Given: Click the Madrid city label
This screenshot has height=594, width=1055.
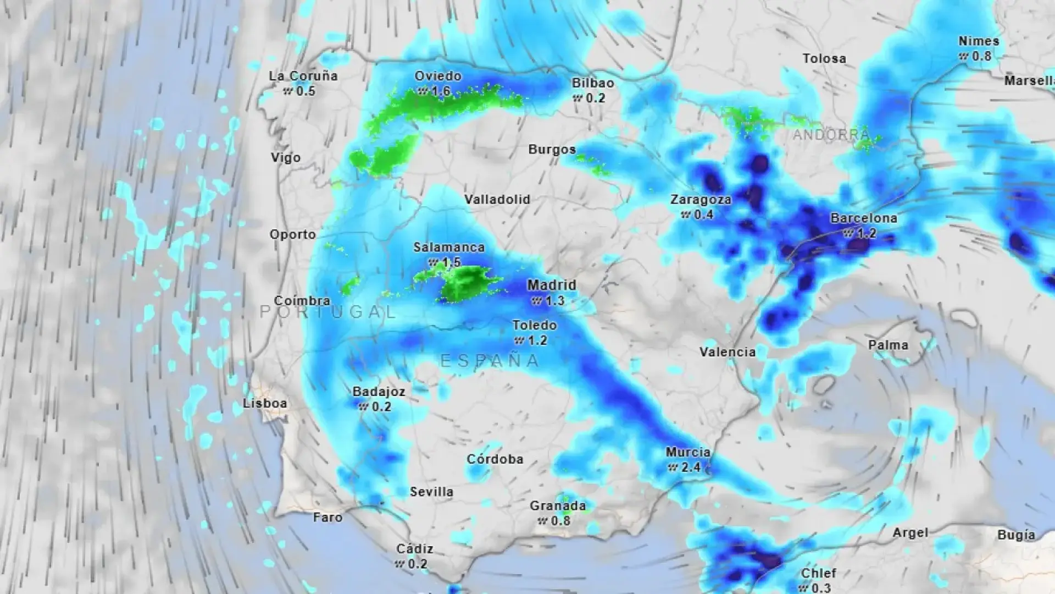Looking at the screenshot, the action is (x=552, y=285).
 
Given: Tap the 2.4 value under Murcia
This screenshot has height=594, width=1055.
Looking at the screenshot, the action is (x=691, y=468).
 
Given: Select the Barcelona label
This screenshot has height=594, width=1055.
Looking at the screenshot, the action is (x=863, y=218).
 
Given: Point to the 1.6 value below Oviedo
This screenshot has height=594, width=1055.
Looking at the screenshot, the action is (x=441, y=91).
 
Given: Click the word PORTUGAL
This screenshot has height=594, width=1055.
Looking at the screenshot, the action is (x=328, y=312).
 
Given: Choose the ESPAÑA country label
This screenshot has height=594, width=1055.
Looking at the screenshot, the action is (x=491, y=361).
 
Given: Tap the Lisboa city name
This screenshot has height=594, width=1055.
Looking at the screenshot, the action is (x=265, y=403).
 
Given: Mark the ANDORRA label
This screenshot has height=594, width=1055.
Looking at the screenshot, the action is (x=831, y=135).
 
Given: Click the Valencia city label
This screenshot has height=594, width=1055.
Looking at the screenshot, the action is (x=728, y=351).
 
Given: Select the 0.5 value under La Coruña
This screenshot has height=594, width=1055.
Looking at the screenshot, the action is (x=306, y=91).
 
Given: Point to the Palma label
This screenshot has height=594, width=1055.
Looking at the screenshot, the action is (x=888, y=345).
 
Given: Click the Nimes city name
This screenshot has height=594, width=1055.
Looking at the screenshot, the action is (x=979, y=41).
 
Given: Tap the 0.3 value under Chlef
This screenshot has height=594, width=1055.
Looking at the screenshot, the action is (x=821, y=588).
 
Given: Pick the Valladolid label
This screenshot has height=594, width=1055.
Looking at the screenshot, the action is (x=497, y=199).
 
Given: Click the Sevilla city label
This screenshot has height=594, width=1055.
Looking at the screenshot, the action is (x=432, y=492).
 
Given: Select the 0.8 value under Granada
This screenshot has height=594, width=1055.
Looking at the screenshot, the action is (x=560, y=520).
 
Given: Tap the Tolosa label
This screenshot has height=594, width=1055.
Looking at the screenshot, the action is (x=824, y=58).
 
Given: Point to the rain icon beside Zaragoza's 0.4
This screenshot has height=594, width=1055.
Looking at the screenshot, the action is (x=685, y=215).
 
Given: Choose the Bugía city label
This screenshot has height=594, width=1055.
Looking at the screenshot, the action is (x=1016, y=535).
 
